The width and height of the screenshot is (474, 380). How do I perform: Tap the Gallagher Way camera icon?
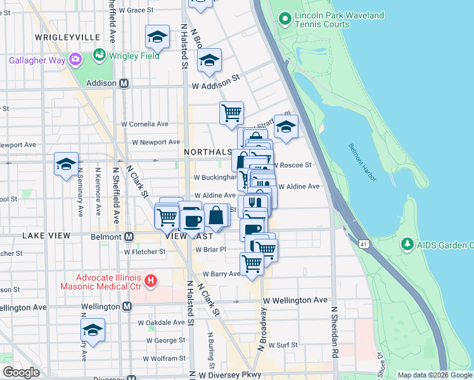[76, 60]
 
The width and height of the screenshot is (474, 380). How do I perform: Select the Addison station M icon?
[125, 83]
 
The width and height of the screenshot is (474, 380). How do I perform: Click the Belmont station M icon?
[129, 236]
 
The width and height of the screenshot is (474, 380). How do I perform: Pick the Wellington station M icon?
[127, 307]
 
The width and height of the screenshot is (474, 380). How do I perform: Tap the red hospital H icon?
[151, 280]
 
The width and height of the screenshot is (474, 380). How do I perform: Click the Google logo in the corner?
[21, 372]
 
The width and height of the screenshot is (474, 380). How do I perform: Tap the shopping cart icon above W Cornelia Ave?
[231, 113]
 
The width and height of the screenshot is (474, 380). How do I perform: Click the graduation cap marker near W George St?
[93, 331]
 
